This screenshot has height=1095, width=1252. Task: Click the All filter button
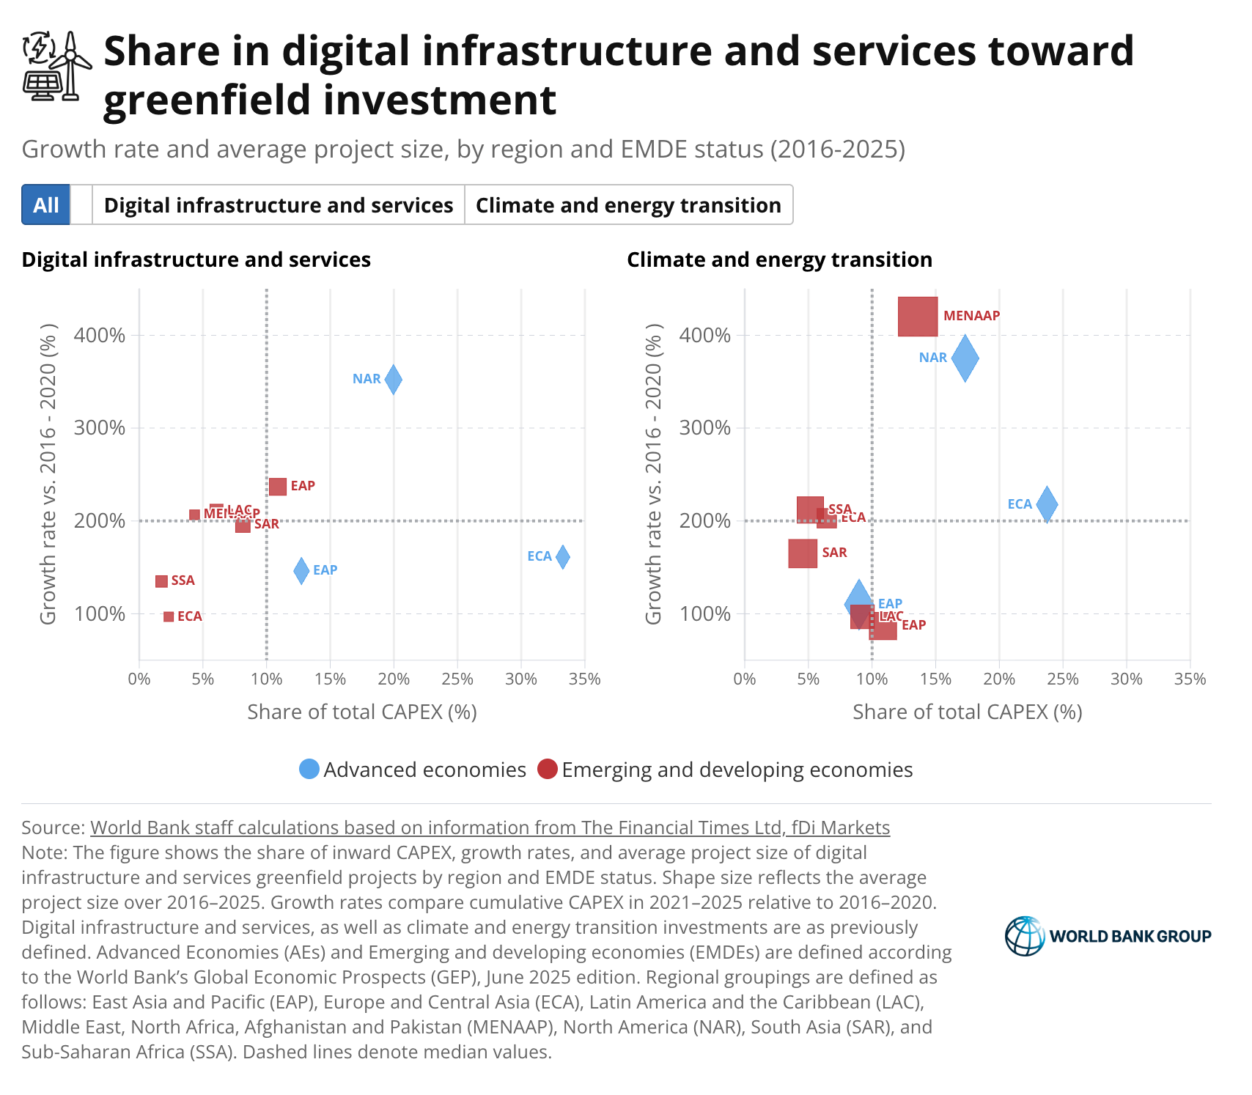(45, 204)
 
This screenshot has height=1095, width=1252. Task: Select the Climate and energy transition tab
(628, 204)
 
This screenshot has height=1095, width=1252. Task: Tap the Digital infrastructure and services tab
(279, 204)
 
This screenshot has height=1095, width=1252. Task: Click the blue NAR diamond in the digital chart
(394, 380)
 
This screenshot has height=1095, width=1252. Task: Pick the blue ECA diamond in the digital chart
(562, 557)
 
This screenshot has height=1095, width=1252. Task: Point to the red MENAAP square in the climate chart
(918, 317)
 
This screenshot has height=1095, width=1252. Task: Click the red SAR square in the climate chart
(803, 553)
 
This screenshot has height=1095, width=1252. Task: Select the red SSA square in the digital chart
(162, 581)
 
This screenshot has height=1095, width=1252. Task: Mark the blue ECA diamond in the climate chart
(1047, 504)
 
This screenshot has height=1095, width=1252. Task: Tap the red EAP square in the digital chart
(278, 487)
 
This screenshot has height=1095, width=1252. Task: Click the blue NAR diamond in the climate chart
(965, 358)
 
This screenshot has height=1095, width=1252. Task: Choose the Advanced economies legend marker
(309, 769)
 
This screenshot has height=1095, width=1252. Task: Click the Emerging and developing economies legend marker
(548, 769)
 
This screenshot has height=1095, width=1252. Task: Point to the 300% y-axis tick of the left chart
(100, 428)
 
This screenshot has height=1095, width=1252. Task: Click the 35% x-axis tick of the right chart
(1190, 679)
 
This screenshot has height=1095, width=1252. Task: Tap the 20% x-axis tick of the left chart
(394, 679)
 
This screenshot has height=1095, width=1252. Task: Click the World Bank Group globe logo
(1025, 936)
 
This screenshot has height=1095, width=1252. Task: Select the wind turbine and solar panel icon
(57, 66)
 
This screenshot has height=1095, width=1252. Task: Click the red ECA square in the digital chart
(169, 617)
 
